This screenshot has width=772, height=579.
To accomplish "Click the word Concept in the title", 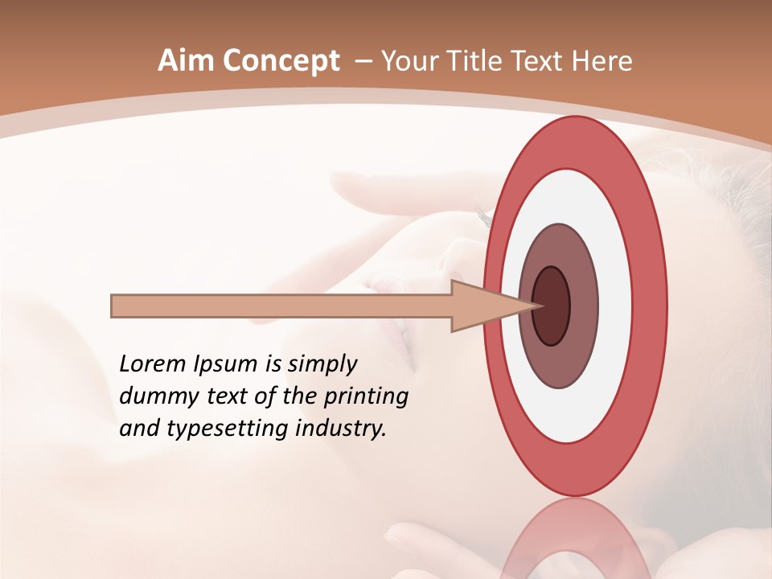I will [280, 61].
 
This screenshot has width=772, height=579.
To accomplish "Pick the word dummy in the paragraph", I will [154, 396].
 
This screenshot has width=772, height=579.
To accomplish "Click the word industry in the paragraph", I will [341, 429].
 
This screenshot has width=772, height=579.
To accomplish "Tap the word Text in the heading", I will [537, 61].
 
